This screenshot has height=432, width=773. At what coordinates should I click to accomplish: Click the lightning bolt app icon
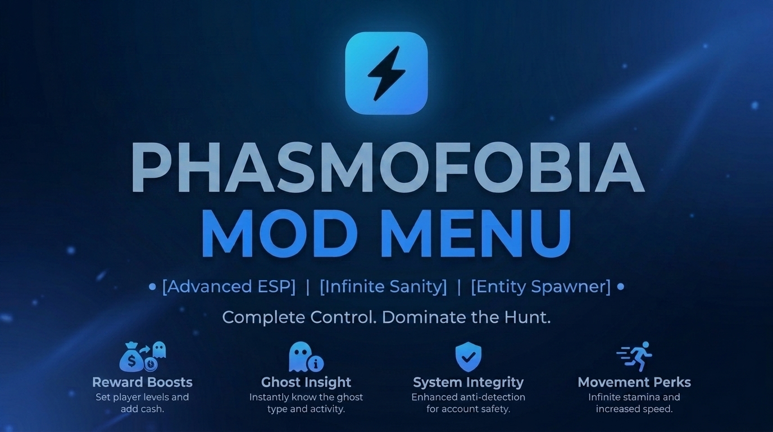tap(386, 73)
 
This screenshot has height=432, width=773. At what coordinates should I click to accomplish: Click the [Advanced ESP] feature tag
tap(229, 287)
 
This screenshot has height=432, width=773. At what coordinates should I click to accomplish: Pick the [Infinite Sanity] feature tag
tap(383, 287)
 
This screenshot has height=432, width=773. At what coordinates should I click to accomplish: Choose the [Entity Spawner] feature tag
tap(541, 287)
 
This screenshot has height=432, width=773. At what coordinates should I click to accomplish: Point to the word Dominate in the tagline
tap(424, 317)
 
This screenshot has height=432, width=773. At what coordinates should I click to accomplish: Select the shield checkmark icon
tap(469, 357)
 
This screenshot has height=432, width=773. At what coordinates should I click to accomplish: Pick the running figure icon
tap(634, 356)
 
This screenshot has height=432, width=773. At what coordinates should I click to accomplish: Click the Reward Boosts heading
tap(142, 382)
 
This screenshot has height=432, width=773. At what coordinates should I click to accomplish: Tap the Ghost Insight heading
tap(306, 382)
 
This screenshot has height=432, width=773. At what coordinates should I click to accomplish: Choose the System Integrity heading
tap(469, 382)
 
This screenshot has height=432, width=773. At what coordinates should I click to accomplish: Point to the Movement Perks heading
tap(634, 382)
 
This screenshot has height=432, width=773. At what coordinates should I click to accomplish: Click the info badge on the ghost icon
tap(316, 363)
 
